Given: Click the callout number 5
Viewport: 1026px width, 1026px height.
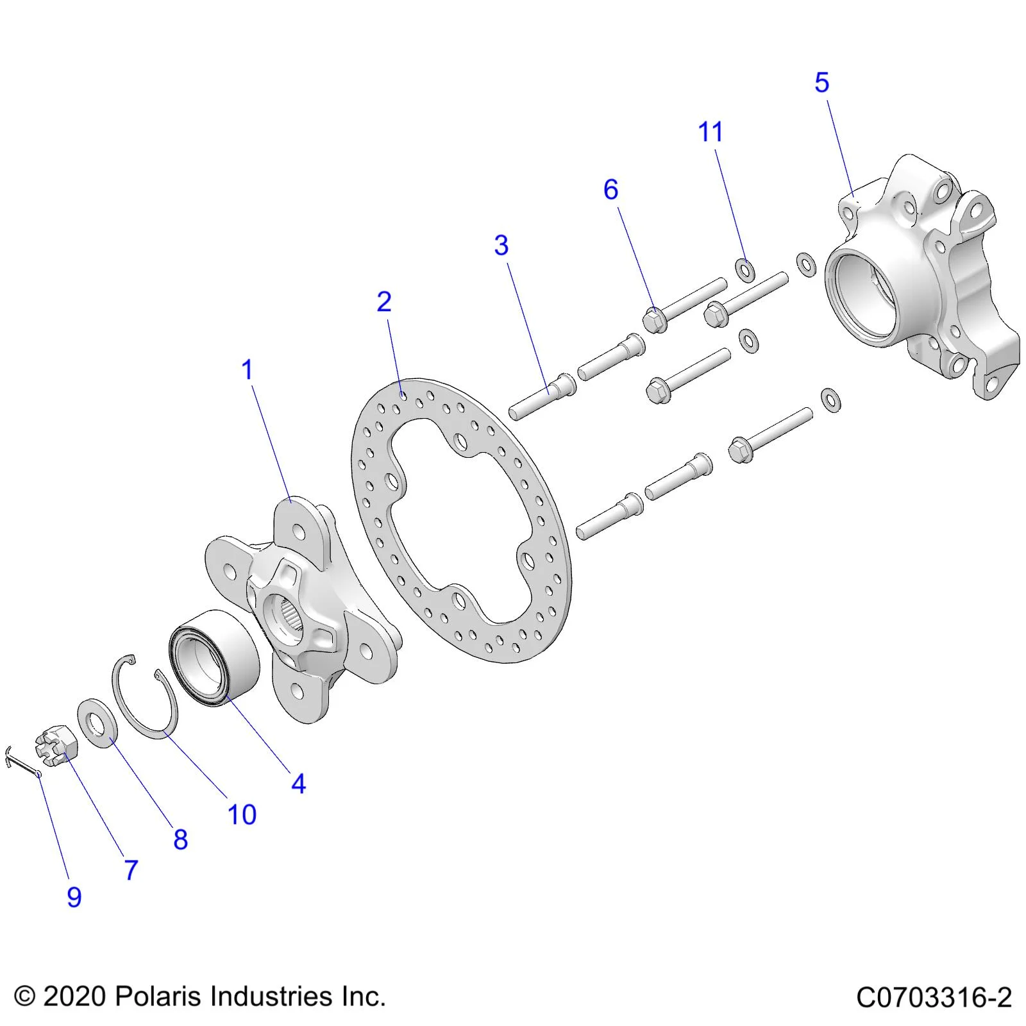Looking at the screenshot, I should [x=821, y=83].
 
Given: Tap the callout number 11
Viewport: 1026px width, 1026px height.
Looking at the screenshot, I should [x=710, y=132].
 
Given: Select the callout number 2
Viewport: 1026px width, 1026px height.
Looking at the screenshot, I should [x=384, y=302].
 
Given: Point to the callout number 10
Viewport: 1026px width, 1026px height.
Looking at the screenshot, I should [x=242, y=815].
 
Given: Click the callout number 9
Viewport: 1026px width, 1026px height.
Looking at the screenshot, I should [x=74, y=897].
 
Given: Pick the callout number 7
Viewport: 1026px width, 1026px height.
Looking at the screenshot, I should [x=131, y=870].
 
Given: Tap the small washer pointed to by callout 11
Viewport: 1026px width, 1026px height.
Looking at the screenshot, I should [x=744, y=269].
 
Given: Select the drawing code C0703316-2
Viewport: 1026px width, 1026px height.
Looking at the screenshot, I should [x=934, y=998].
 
